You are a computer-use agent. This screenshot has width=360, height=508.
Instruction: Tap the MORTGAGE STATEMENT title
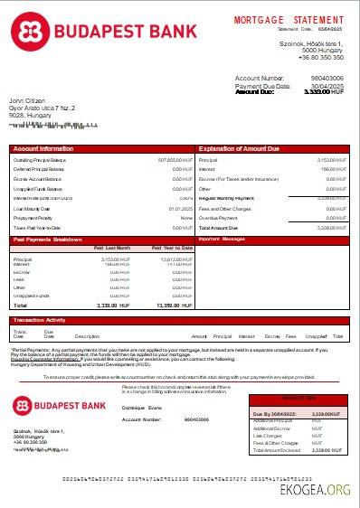coord(289,19)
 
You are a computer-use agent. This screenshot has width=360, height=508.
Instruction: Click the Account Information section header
coord(43,147)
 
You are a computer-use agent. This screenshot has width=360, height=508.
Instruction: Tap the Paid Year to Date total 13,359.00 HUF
coord(175,306)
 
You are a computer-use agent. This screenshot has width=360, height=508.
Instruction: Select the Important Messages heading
coord(222,240)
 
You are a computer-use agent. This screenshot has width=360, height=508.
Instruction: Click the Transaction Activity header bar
coord(40,321)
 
